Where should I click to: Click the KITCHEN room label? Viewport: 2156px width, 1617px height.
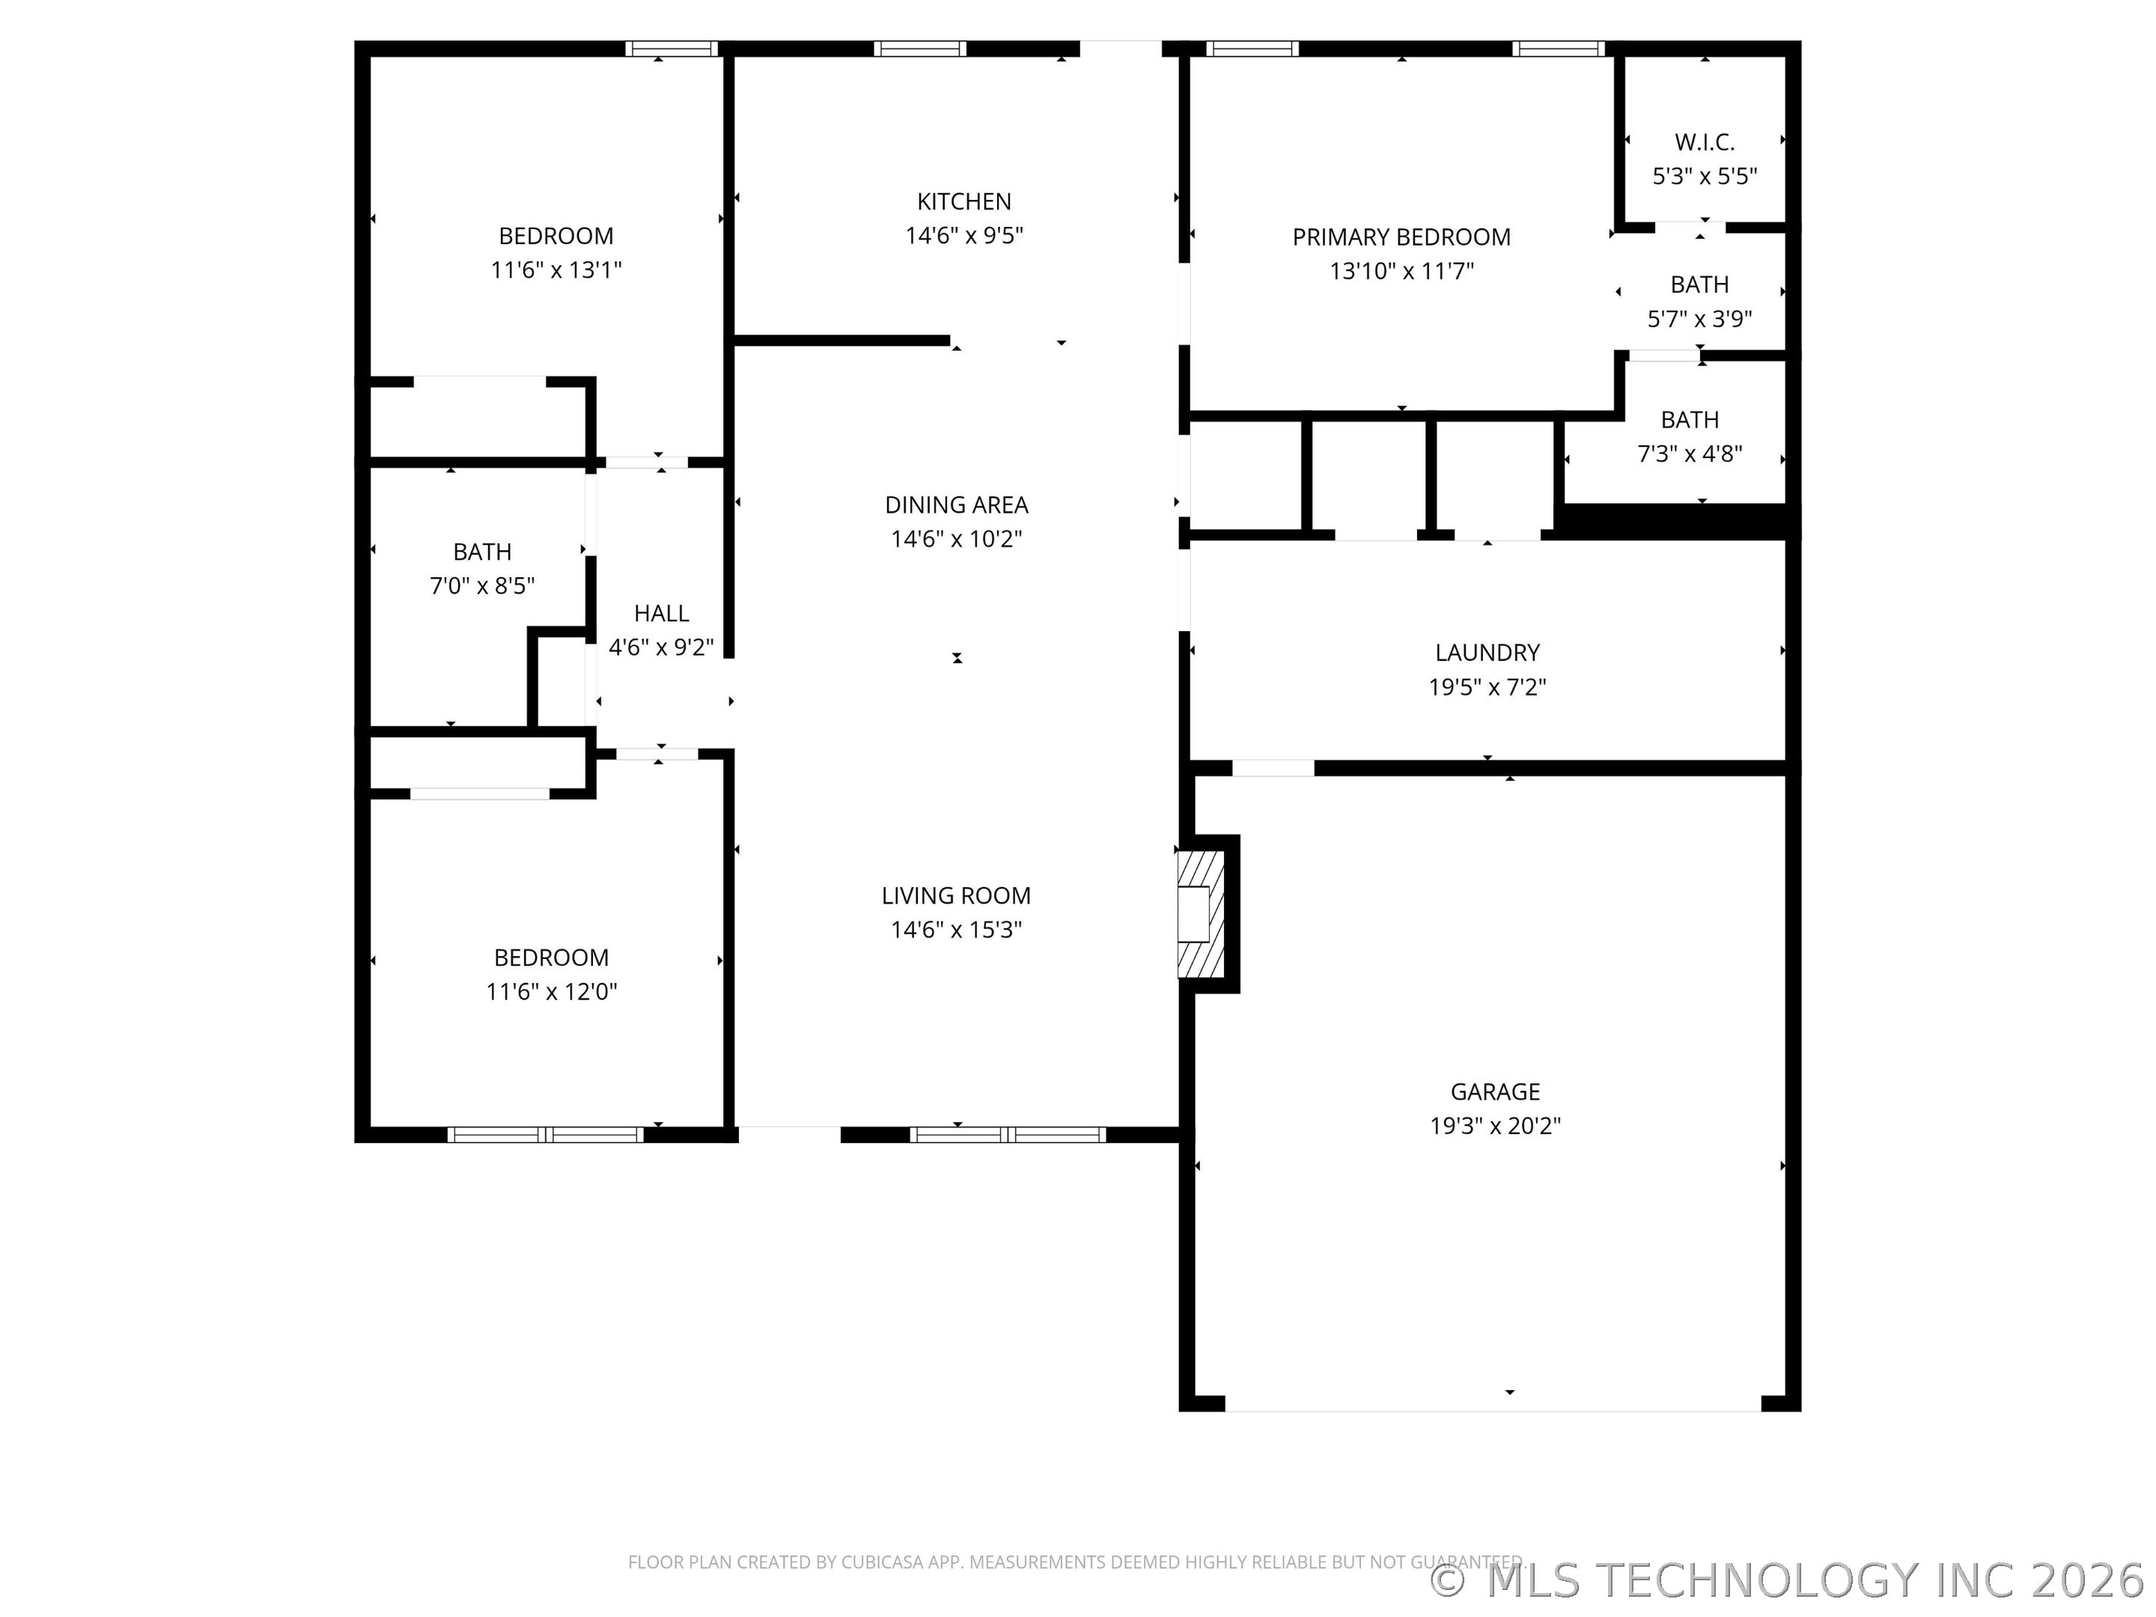click(964, 202)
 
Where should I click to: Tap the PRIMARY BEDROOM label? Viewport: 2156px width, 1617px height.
click(1401, 237)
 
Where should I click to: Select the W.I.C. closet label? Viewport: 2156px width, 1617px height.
click(1705, 142)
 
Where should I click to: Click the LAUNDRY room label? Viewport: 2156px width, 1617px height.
click(1487, 652)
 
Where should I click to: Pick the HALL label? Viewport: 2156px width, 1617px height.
click(662, 613)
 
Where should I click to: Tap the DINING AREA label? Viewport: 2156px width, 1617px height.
click(956, 505)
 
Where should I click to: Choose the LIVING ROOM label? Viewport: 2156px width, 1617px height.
click(956, 896)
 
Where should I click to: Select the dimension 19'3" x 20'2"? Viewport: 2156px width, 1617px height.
click(1495, 1126)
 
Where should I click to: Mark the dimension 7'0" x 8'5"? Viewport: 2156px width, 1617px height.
click(482, 585)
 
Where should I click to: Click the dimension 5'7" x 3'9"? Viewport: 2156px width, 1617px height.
click(1700, 319)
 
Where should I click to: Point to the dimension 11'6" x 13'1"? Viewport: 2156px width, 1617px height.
click(555, 270)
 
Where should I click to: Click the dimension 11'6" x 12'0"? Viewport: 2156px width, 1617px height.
click(552, 991)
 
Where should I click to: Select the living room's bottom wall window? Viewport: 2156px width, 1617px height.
click(1008, 1135)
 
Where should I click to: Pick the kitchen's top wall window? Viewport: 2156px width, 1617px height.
click(920, 49)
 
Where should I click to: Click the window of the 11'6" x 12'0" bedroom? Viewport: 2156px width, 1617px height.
click(546, 1135)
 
